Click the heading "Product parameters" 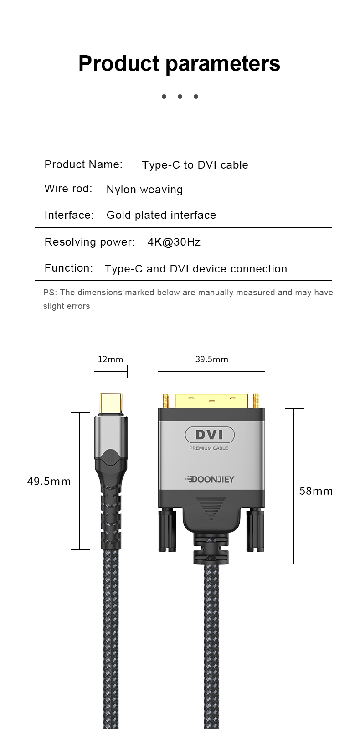179,63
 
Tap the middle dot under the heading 180,97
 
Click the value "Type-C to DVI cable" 195,165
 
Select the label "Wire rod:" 68,189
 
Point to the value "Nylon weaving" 144,190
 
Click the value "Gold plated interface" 161,215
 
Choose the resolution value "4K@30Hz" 174,241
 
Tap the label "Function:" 69,268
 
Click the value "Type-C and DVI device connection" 196,269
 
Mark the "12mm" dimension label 111,359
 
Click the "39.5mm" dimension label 212,359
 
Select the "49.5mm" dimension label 49,482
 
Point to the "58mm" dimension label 316,491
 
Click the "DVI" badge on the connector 210,435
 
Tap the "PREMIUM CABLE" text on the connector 209,448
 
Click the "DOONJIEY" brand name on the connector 210,479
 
